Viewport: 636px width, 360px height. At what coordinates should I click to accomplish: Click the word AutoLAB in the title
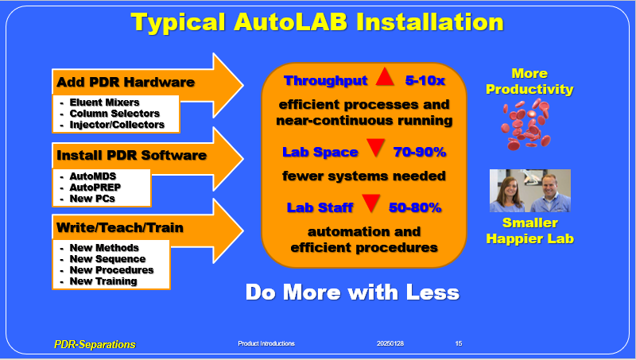click(290, 21)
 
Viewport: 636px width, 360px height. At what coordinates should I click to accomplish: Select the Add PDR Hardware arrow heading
click(126, 82)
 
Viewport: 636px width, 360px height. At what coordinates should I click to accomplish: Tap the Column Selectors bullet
click(114, 114)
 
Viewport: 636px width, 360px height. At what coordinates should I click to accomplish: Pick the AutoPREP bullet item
click(95, 188)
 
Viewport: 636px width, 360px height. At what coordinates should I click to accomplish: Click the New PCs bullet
click(92, 199)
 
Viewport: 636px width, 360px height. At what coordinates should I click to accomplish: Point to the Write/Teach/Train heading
click(120, 227)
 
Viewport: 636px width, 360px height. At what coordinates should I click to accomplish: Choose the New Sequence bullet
click(107, 258)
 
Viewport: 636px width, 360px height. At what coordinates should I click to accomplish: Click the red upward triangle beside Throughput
click(385, 77)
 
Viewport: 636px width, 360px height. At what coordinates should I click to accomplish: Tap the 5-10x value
click(425, 80)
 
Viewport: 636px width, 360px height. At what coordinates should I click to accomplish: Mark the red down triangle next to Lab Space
click(375, 148)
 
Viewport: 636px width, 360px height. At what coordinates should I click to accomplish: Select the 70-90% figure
click(420, 152)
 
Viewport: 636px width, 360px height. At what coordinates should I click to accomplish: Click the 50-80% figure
click(415, 207)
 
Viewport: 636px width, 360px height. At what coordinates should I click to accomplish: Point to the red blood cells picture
click(526, 124)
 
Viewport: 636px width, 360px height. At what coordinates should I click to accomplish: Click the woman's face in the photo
click(507, 188)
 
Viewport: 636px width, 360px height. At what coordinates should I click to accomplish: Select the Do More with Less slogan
click(352, 292)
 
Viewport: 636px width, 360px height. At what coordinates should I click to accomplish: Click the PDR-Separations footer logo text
click(95, 345)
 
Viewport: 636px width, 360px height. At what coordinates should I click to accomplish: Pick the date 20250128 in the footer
click(390, 343)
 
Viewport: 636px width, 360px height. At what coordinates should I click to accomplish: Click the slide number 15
click(459, 343)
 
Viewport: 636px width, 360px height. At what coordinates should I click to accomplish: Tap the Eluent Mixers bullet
click(105, 103)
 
